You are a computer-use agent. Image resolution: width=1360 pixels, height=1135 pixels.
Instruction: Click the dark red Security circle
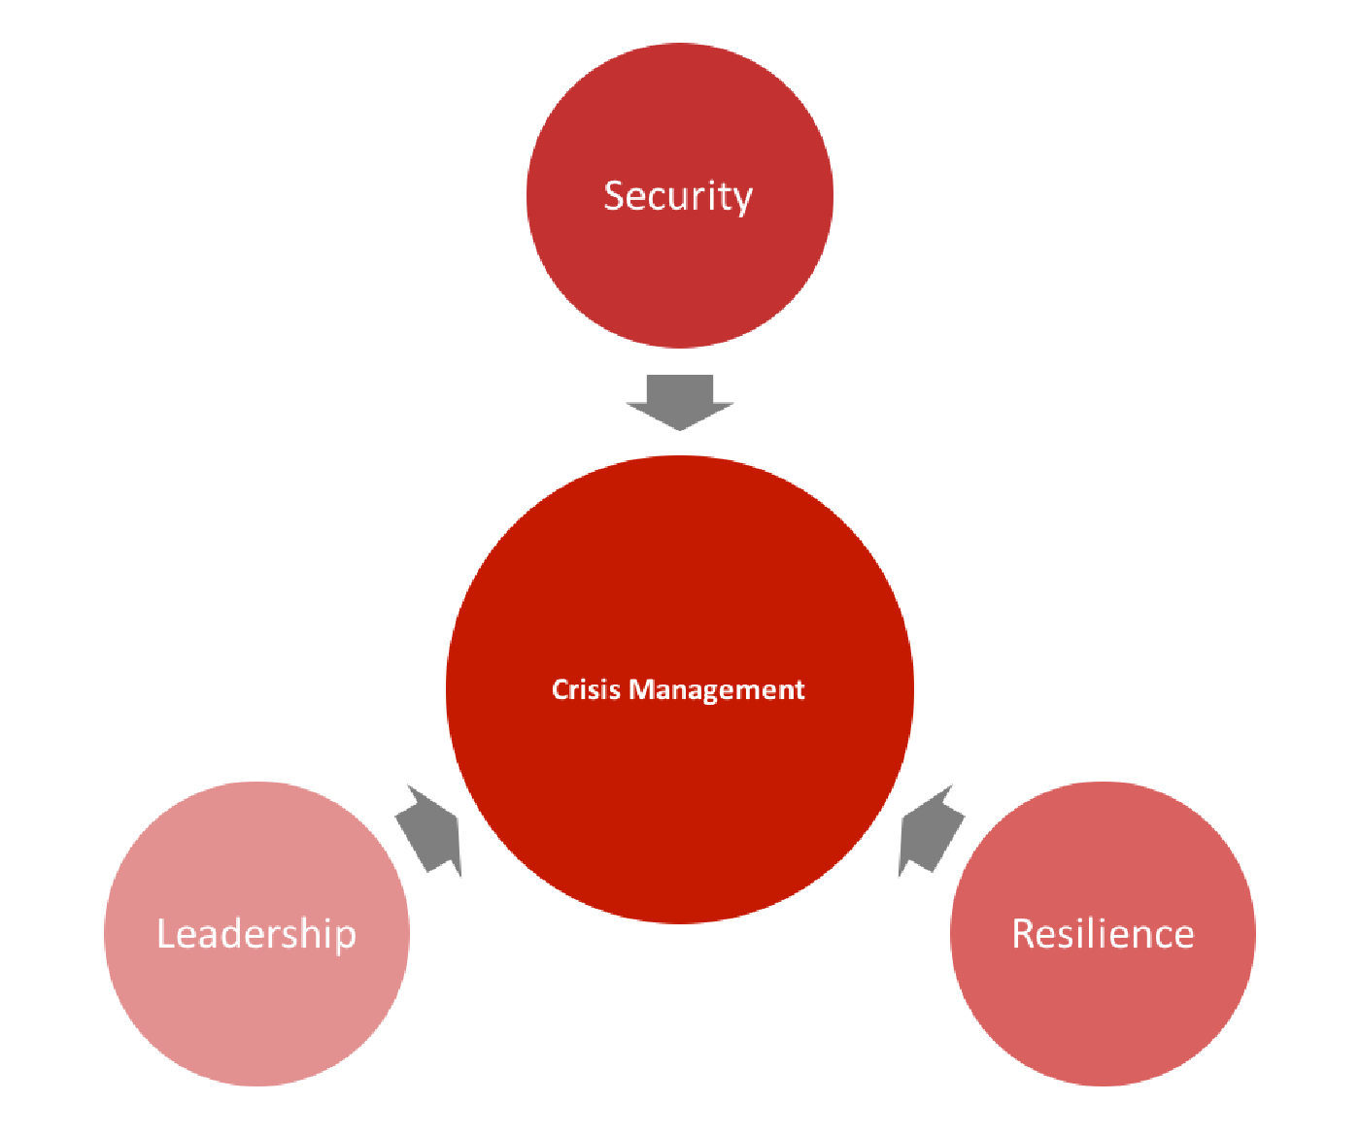pyautogui.click(x=679, y=195)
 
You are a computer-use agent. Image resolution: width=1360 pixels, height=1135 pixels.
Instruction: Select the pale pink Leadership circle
pyautogui.click(x=256, y=933)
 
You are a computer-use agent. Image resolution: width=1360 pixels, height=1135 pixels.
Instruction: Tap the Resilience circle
pyautogui.click(x=1103, y=933)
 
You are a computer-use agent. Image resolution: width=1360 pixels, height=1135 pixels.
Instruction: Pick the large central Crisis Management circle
pyautogui.click(x=679, y=689)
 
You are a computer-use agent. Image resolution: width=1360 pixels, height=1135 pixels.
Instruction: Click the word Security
pyautogui.click(x=678, y=197)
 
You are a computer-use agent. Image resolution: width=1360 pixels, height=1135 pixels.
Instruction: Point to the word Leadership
pyautogui.click(x=256, y=935)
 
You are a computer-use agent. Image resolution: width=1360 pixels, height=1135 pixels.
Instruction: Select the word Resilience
pyautogui.click(x=1103, y=934)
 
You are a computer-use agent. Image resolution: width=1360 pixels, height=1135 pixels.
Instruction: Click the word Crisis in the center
pyautogui.click(x=586, y=689)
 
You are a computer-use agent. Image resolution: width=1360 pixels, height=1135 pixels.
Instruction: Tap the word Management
pyautogui.click(x=717, y=691)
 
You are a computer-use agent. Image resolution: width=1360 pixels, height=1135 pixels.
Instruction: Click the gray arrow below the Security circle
pyautogui.click(x=679, y=402)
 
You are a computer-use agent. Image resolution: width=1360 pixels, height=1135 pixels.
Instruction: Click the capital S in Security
pyautogui.click(x=615, y=196)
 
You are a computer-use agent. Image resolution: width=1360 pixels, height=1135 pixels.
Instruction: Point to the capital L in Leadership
pyautogui.click(x=165, y=934)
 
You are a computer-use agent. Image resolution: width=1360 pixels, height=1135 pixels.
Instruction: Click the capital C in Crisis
pyautogui.click(x=561, y=689)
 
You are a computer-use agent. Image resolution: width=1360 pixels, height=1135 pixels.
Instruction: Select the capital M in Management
pyautogui.click(x=642, y=689)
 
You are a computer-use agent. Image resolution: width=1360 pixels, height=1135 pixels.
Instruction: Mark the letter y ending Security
pyautogui.click(x=742, y=202)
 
